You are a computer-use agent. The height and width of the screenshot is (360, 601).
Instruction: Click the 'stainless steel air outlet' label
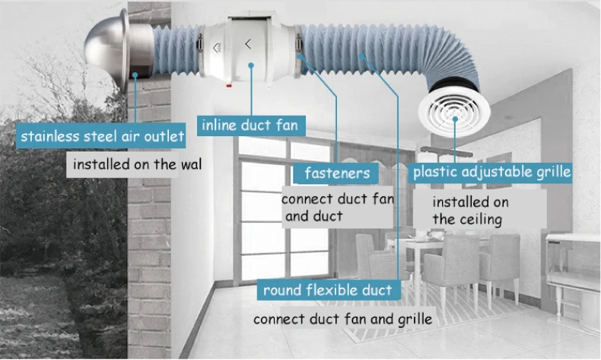coord(103,137)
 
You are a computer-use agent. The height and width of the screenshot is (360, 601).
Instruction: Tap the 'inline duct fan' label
coord(249,124)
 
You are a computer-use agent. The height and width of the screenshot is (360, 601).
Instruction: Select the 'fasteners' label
coord(336,173)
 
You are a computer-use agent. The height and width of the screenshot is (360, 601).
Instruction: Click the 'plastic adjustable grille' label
coord(491,171)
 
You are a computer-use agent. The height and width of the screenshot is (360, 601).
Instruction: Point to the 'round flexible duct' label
coord(327,290)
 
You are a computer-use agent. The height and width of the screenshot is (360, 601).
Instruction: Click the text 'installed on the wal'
coord(137,164)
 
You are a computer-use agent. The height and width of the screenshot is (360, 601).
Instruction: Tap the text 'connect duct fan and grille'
coord(342,318)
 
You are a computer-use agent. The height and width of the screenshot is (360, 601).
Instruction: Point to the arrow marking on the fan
coord(249,43)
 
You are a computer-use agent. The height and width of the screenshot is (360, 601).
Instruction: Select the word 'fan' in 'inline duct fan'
coord(286,124)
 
